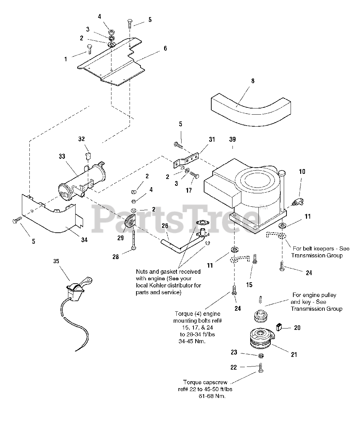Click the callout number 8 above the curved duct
pos(253,81)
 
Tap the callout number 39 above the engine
pos(232,140)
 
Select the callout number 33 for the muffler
pos(62,156)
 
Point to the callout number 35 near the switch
pos(56,261)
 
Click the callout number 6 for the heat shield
pos(165,48)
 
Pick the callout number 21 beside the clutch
pos(294,355)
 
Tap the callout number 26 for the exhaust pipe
pos(165,226)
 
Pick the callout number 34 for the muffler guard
pos(84,240)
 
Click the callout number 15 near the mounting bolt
pos(249,285)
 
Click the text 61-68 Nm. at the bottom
pos(212,396)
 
